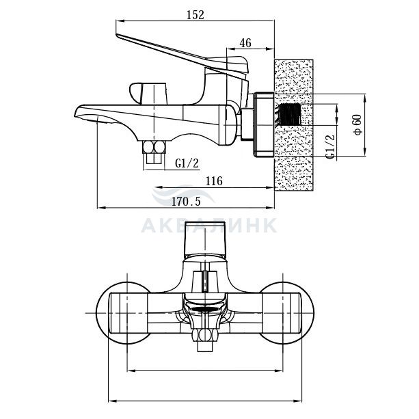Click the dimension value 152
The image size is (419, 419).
tap(195, 15)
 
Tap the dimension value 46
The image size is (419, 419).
tap(245, 43)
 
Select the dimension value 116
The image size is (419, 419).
tap(214, 181)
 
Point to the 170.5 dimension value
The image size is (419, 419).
tap(186, 202)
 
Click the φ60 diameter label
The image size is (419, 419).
tap(357, 124)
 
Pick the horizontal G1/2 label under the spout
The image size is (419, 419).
tap(187, 163)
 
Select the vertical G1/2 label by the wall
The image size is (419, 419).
tap(330, 146)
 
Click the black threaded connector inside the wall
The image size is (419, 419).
tap(290, 114)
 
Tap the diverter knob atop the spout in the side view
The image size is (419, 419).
tap(148, 94)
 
